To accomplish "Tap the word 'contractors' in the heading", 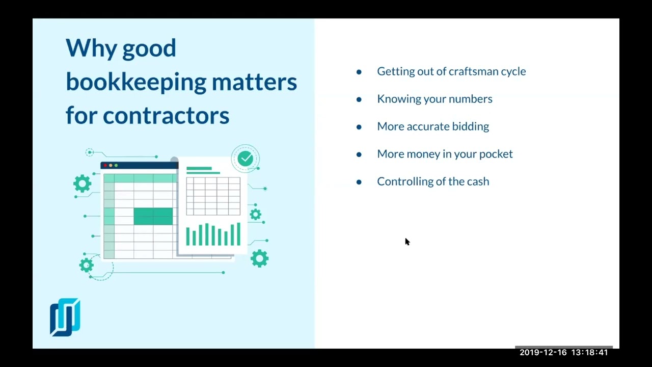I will [166, 116].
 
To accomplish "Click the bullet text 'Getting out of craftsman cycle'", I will [451, 71].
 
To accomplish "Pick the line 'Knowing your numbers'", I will [434, 99].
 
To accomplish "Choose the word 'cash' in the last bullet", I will [478, 181].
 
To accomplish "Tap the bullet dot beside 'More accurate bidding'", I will [359, 127].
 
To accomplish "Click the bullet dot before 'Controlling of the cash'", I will [359, 182].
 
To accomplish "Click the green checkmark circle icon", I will [246, 159].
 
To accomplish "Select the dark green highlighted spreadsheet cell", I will [153, 216].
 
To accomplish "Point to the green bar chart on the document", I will [213, 234].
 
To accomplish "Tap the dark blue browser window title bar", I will [139, 165].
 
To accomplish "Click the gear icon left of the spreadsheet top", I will [82, 183].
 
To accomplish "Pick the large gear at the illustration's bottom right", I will [259, 258].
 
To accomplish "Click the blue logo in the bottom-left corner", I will [65, 317].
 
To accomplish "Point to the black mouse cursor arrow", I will [407, 242].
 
